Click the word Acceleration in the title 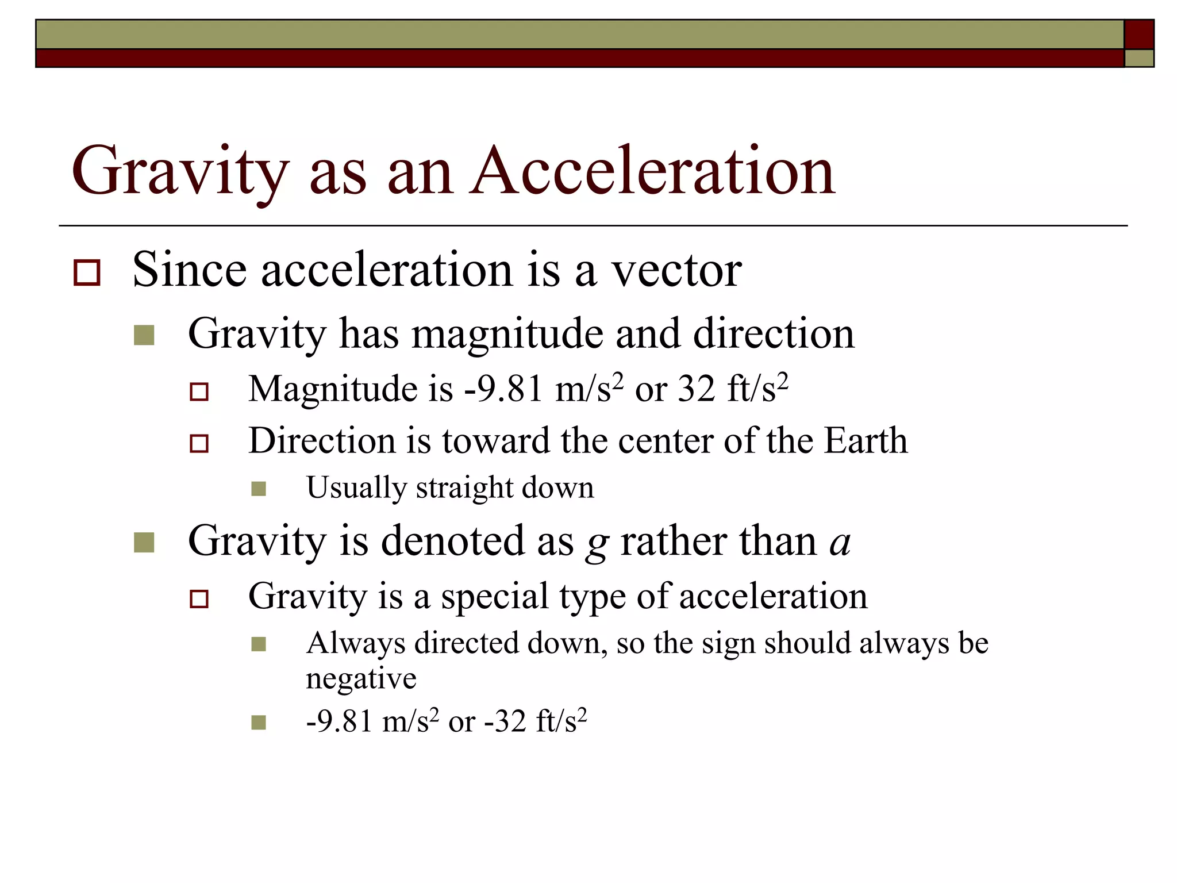coord(652,171)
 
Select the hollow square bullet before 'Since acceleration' coord(87,272)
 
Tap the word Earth coord(866,441)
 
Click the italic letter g coord(597,544)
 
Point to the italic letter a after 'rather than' coord(840,543)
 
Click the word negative coord(361,679)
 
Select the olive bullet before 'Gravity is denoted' coord(144,542)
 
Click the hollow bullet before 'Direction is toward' coord(199,443)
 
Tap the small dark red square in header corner coord(1138,34)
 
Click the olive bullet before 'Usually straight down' coord(259,489)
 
